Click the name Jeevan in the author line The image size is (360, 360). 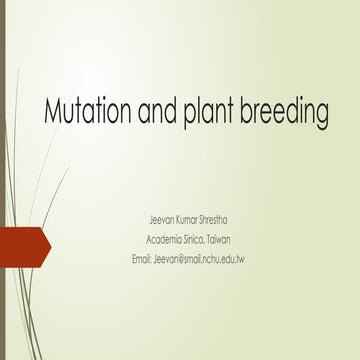pos(161,220)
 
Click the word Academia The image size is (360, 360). pos(164,240)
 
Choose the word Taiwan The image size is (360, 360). pos(219,240)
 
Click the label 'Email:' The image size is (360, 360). pos(142,259)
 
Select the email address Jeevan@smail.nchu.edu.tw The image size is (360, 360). pos(199,259)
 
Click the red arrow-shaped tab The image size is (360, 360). pos(25,247)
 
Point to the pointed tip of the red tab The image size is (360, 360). pos(51,247)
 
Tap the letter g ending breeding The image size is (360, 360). pos(321,115)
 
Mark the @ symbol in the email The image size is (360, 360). pos(177,259)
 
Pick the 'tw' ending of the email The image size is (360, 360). pos(240,259)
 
